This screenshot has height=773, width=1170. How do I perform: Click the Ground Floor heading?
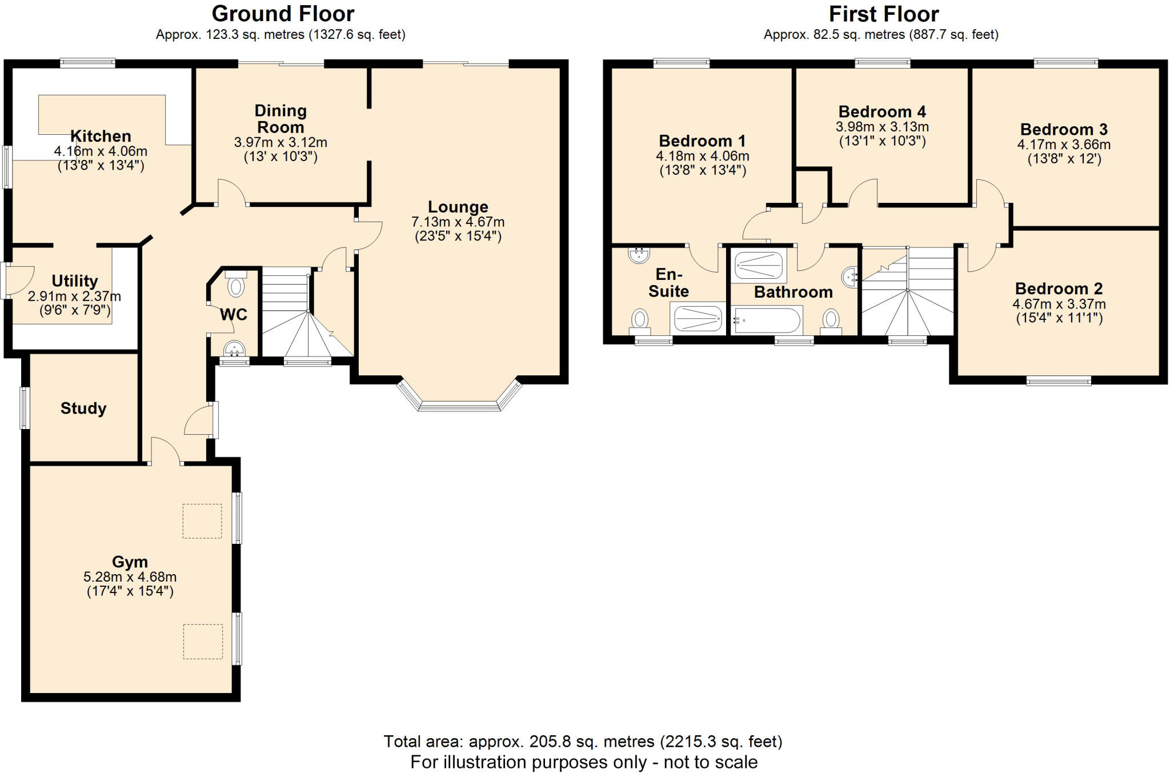(x=283, y=14)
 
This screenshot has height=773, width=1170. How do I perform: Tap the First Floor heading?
(x=883, y=14)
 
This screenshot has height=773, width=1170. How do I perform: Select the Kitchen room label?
(x=101, y=136)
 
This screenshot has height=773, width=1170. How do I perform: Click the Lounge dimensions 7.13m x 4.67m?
(x=458, y=222)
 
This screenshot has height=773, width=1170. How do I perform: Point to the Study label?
(x=83, y=408)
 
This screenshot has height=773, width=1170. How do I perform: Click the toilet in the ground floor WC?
(x=235, y=285)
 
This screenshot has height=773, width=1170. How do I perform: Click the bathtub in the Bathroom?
(x=767, y=321)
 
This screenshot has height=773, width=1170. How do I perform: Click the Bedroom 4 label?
(x=882, y=111)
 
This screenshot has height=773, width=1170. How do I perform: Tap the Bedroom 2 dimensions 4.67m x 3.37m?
(x=1059, y=304)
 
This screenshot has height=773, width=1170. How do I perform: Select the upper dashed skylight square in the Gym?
(x=202, y=520)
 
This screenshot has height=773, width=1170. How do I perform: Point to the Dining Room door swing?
(x=231, y=192)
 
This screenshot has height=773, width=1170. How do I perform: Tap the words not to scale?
(x=710, y=762)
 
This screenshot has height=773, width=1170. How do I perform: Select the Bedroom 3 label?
(x=1064, y=129)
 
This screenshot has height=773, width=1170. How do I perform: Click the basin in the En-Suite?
(x=639, y=254)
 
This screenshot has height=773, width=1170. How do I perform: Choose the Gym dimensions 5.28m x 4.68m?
(x=130, y=577)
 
